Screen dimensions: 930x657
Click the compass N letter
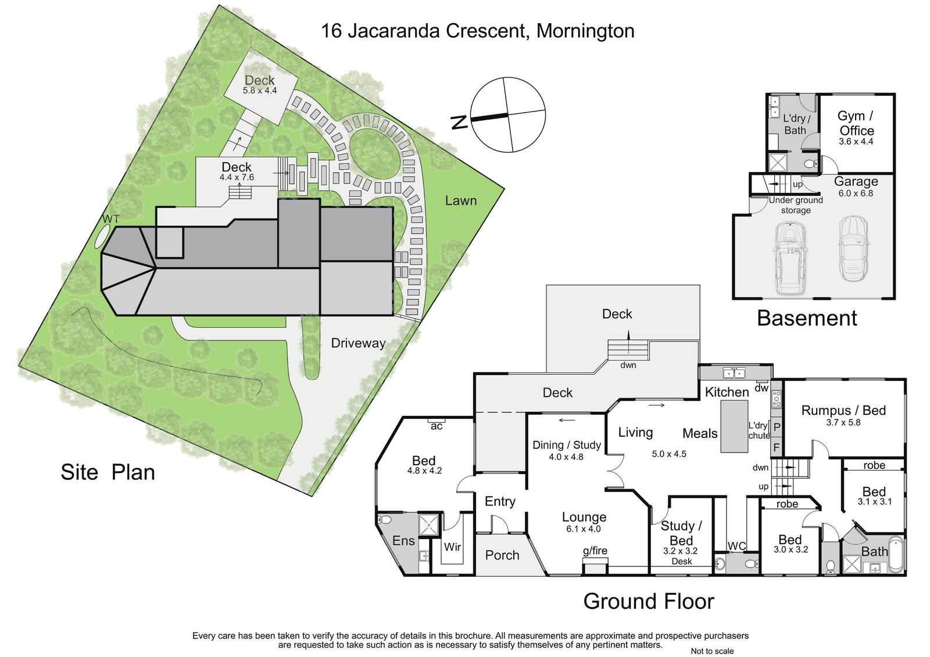(x=459, y=123)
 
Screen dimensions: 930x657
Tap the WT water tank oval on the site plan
(x=102, y=236)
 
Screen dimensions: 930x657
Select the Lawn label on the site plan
(x=460, y=200)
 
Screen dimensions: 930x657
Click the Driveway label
(x=358, y=343)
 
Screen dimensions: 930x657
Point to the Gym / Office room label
(x=856, y=123)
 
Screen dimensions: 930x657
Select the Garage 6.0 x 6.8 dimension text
(x=856, y=193)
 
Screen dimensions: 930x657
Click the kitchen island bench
(x=734, y=426)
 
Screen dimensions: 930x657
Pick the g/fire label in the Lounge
(x=595, y=550)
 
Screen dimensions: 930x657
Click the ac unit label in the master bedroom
(x=437, y=426)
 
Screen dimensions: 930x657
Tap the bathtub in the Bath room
(x=896, y=554)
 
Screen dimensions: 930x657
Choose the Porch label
(x=502, y=555)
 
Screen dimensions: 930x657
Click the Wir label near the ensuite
(x=453, y=547)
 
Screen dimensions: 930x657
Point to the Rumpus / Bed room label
(x=843, y=410)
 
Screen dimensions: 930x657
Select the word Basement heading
(x=807, y=318)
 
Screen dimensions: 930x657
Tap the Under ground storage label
(x=796, y=205)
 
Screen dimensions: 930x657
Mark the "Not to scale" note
(x=712, y=651)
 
